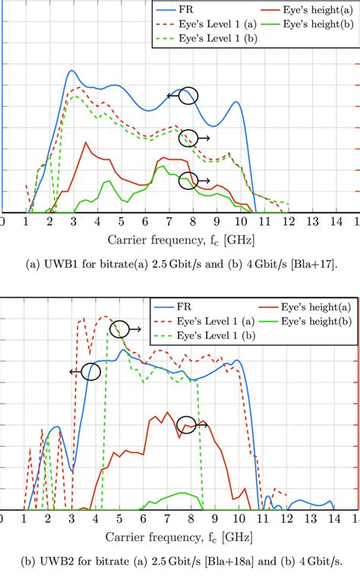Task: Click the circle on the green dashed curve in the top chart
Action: tap(188, 138)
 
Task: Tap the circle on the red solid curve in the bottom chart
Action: tap(187, 425)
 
